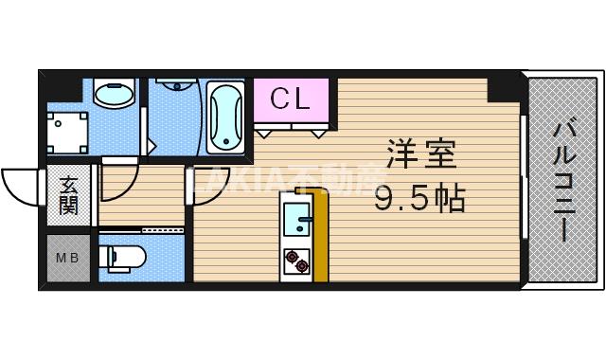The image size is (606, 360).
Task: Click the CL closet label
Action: tap(291, 99)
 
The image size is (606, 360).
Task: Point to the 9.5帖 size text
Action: tap(419, 199)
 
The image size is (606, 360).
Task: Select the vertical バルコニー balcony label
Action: tap(562, 180)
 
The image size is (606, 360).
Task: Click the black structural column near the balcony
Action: tap(502, 87)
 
